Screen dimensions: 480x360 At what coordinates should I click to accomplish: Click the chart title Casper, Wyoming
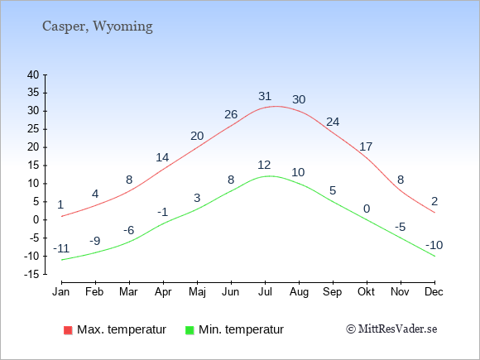coord(98,26)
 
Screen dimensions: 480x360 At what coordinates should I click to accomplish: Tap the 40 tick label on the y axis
coord(33,74)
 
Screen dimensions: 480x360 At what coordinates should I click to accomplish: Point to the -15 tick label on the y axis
coord(31,274)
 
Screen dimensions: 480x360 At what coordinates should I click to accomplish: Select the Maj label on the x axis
coord(197,292)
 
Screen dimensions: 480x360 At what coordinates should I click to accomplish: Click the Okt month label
coord(366,292)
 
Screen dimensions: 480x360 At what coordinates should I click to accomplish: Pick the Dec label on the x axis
coord(434,292)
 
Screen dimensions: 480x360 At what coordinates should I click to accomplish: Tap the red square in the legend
coord(68,330)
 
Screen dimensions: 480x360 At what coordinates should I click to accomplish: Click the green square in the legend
coord(190,330)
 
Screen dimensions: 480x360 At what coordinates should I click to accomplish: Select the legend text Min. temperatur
coord(241,329)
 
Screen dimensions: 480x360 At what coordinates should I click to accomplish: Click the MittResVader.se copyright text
coord(391,329)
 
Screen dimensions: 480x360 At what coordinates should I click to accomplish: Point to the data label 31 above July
coord(265,97)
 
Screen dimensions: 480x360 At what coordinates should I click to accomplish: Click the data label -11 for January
coord(61,248)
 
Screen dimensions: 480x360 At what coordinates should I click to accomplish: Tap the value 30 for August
coord(299,99)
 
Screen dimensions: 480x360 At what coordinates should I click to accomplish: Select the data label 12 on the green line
coord(264,166)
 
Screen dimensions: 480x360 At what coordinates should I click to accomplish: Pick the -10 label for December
coord(434,245)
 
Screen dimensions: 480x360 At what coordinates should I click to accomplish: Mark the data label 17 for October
coord(366,147)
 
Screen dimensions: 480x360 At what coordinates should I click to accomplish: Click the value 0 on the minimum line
coord(367,209)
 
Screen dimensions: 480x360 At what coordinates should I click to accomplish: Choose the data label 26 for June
coord(231,114)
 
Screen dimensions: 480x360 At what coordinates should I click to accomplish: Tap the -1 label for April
coord(163,212)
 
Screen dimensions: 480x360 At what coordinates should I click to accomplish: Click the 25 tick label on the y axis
coord(33,129)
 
